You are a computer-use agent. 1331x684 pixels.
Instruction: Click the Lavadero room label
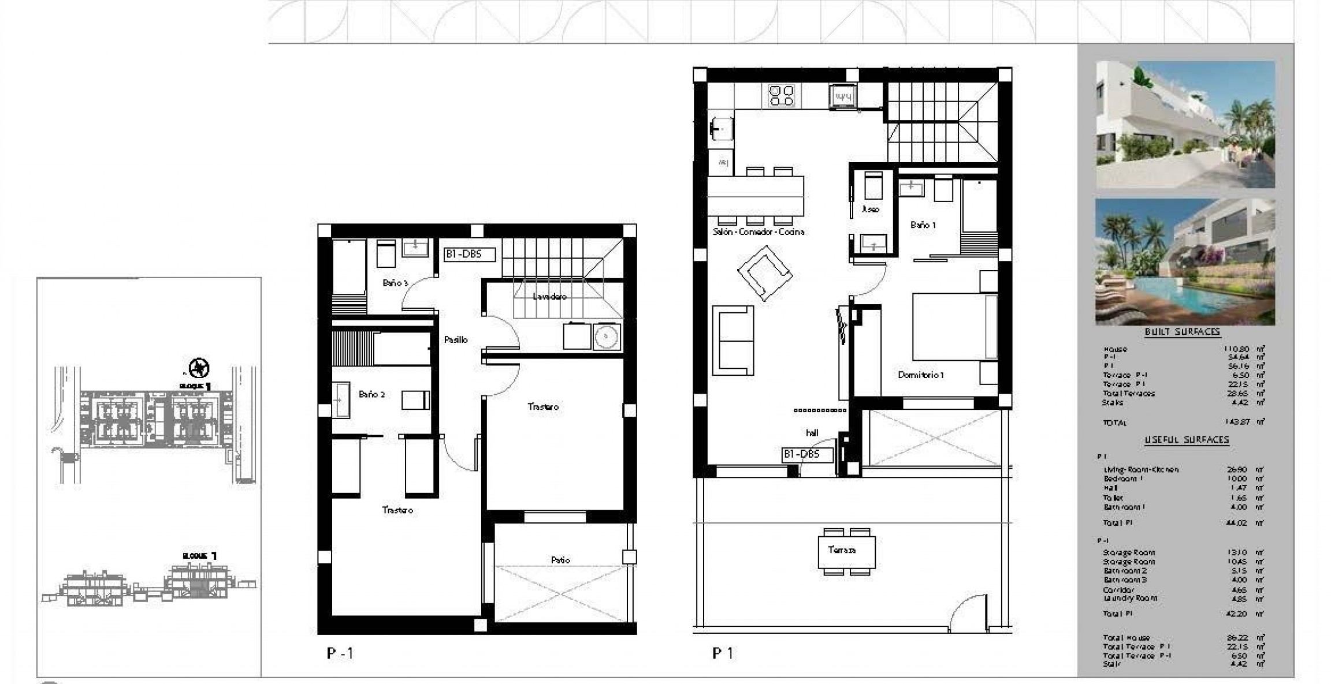click(549, 297)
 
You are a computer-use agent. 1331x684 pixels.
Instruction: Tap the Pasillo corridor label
click(455, 340)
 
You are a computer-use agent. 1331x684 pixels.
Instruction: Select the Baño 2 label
click(371, 395)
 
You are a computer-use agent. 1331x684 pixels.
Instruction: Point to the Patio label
click(560, 560)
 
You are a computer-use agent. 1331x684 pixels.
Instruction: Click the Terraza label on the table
click(842, 550)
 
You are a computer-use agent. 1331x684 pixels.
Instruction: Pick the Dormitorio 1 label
click(921, 375)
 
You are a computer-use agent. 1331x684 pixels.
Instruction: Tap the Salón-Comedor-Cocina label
click(758, 232)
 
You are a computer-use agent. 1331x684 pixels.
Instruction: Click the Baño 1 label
click(923, 225)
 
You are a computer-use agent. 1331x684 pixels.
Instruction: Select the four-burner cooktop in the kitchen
click(781, 96)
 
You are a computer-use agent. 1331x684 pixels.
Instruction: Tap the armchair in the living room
click(764, 273)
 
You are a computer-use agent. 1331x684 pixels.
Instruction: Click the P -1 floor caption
click(340, 653)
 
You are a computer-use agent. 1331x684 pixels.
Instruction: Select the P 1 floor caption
click(723, 653)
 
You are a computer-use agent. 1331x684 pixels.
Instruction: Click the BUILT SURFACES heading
click(1182, 332)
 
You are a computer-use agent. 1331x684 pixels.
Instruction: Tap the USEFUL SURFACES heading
click(1187, 440)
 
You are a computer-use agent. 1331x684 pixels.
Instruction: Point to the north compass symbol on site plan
click(199, 367)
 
